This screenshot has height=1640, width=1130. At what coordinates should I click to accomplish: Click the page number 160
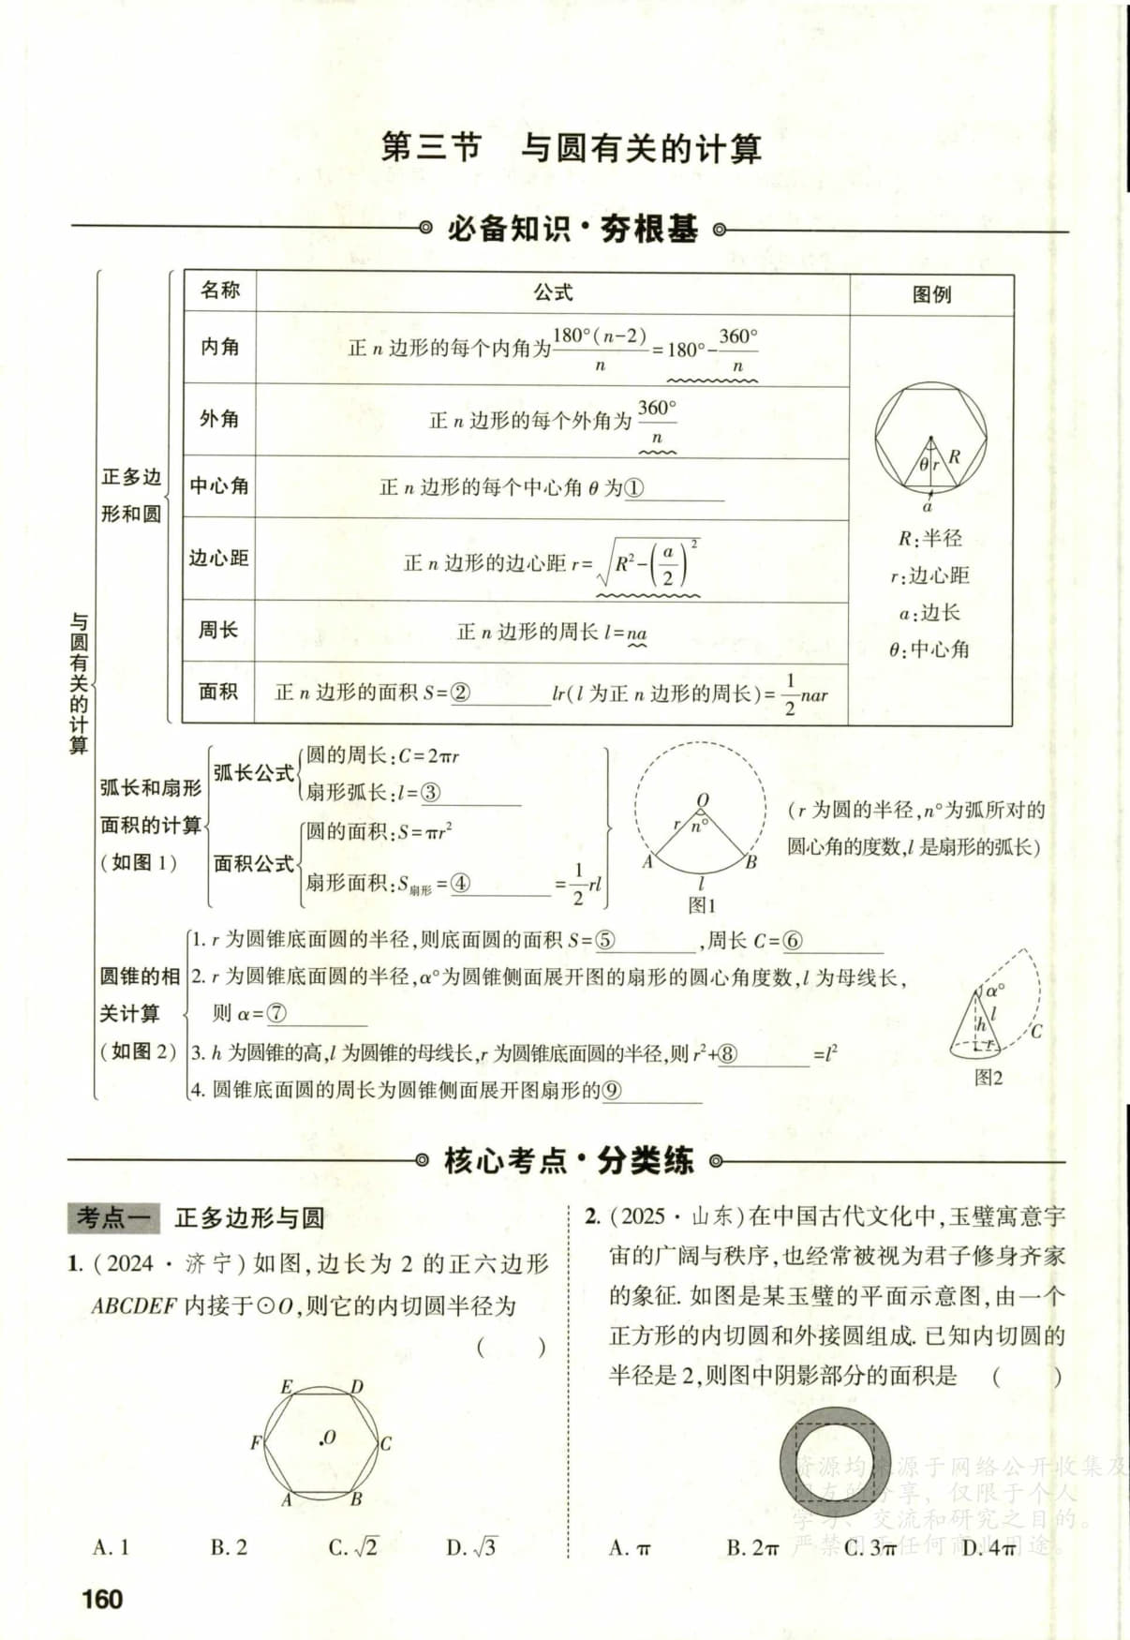click(102, 1598)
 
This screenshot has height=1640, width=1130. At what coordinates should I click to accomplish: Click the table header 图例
click(931, 294)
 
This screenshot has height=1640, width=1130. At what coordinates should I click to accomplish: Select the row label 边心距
click(218, 558)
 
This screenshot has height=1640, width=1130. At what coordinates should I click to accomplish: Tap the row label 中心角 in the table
click(219, 485)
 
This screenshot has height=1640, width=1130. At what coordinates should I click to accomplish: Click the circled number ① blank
click(634, 488)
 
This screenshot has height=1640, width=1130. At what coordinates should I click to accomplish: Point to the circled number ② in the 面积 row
click(460, 693)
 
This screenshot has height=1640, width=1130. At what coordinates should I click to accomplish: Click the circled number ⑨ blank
click(613, 1090)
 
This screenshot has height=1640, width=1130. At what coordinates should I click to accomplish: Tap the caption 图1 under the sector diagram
click(701, 905)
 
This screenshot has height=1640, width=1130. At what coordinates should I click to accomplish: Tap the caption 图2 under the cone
click(989, 1078)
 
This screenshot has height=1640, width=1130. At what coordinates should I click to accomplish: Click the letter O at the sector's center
click(703, 800)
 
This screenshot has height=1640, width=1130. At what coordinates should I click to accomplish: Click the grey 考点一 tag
click(114, 1217)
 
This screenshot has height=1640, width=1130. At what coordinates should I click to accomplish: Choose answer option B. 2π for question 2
click(752, 1548)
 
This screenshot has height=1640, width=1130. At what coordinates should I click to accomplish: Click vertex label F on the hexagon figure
click(255, 1443)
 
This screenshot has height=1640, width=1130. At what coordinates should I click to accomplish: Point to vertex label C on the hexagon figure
click(385, 1443)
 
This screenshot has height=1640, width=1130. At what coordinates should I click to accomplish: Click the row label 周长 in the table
click(218, 630)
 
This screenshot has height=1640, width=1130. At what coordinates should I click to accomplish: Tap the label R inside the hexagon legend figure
click(954, 456)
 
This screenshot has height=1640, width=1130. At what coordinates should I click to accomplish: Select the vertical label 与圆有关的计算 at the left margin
click(79, 684)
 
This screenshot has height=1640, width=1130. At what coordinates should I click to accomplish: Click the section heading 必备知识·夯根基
click(572, 229)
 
